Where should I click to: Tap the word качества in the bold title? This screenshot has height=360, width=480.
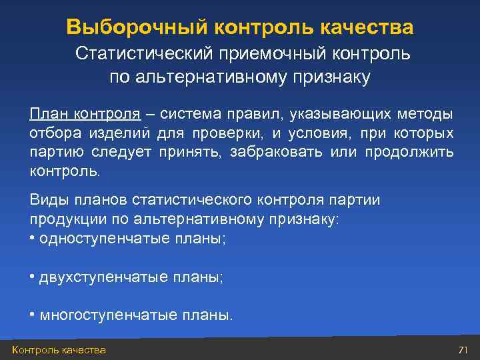(x=367, y=27)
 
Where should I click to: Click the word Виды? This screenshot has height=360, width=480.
(x=46, y=200)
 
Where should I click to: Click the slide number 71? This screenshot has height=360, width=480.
(x=464, y=350)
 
